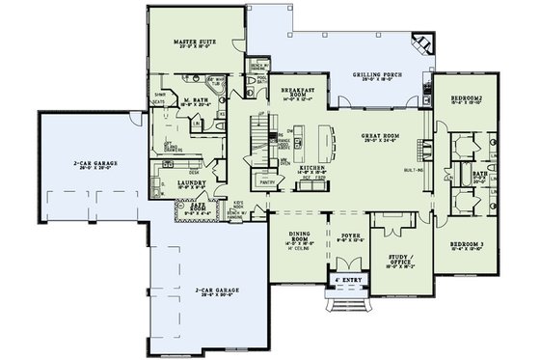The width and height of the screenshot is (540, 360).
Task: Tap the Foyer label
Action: tap(343, 235)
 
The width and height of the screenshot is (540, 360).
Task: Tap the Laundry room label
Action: tap(190, 180)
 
